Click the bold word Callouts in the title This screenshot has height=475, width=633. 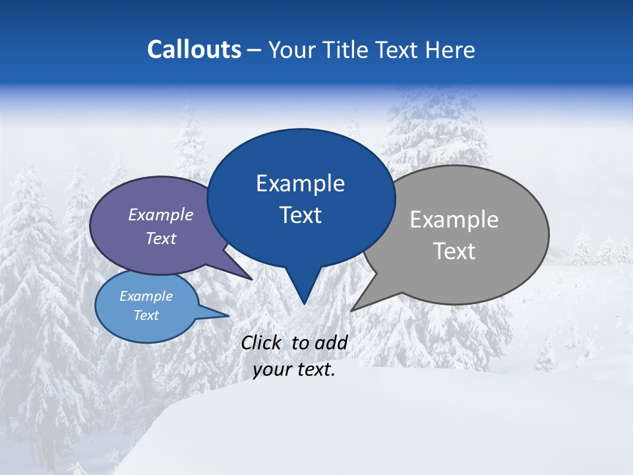point(194,49)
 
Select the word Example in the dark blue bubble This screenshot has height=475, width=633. point(300,183)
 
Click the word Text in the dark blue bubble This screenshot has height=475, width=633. point(300,215)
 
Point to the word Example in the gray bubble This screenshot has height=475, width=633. point(454,220)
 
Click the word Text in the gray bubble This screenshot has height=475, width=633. point(454,251)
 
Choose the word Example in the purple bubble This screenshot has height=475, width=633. point(161,215)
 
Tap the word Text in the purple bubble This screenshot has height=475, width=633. point(161,239)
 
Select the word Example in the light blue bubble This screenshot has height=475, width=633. point(146,296)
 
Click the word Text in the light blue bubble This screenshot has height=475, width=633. point(146,315)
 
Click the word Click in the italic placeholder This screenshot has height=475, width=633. point(262,342)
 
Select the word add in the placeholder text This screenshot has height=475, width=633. point(330,342)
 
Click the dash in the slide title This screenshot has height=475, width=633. point(255,50)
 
